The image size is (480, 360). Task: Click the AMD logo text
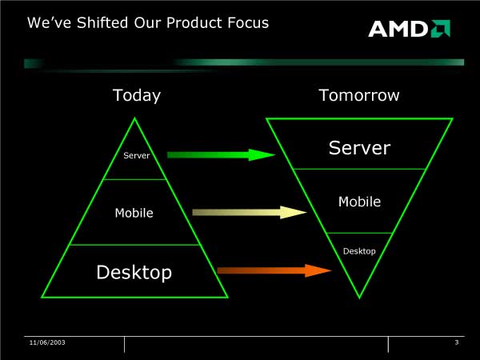tap(398, 29)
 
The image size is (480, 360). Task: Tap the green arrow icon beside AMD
tap(441, 29)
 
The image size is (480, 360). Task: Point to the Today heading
tap(137, 95)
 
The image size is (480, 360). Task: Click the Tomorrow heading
tap(359, 95)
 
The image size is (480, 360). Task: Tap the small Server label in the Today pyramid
tap(137, 155)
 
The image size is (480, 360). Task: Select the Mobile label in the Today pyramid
tap(134, 213)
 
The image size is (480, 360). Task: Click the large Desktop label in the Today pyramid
tap(134, 272)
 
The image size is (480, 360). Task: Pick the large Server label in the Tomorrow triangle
tap(359, 148)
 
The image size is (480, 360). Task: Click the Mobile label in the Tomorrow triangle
tap(360, 202)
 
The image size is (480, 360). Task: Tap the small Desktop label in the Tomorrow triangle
tap(359, 251)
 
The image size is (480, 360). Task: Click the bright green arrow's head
tap(262, 155)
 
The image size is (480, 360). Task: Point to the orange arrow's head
tap(318, 270)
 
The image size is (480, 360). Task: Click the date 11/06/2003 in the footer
tap(47, 342)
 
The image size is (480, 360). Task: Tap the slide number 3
tap(457, 342)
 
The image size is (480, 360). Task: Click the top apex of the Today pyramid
tap(134, 118)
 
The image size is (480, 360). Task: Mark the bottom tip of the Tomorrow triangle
tap(359, 298)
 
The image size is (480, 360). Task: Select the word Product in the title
tap(194, 22)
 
